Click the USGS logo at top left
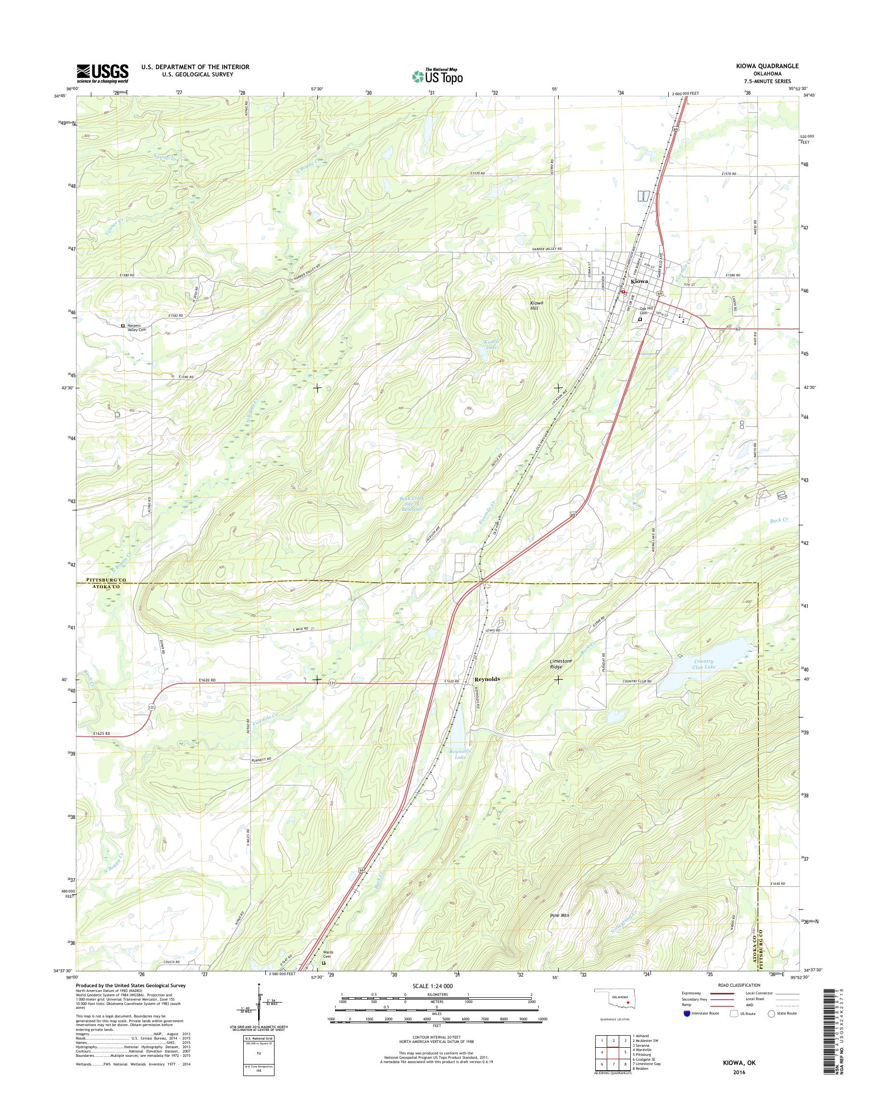click(102, 73)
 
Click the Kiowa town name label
click(639, 282)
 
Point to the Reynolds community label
click(487, 679)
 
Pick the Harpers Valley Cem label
click(137, 328)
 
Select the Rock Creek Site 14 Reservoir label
click(411, 504)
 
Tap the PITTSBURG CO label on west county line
click(102, 579)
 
